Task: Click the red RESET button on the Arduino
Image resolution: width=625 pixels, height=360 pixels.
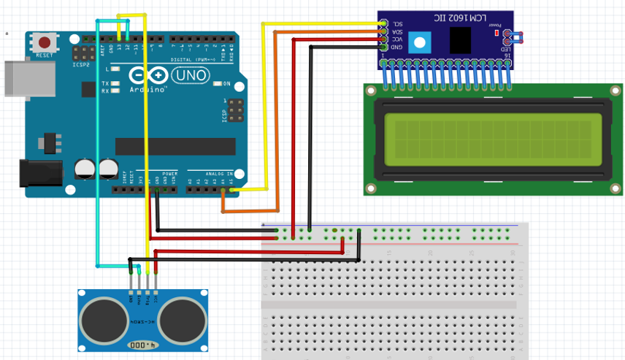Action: (x=45, y=44)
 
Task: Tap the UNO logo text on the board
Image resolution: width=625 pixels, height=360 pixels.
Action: (x=189, y=75)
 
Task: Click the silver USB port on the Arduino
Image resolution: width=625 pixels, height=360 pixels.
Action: (x=28, y=78)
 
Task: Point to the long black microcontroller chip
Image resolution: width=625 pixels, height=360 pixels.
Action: (x=175, y=146)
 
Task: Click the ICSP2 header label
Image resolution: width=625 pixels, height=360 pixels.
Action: (x=81, y=64)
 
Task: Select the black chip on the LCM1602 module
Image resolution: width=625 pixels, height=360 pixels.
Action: (x=460, y=40)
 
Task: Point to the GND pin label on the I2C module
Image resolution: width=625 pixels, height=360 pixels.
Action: (x=397, y=47)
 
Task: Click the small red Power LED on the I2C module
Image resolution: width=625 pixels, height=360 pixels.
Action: (x=497, y=33)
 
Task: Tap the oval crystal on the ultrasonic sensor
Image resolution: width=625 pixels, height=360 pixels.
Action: (x=141, y=344)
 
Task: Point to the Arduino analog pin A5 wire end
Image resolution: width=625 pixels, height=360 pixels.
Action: (x=231, y=191)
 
